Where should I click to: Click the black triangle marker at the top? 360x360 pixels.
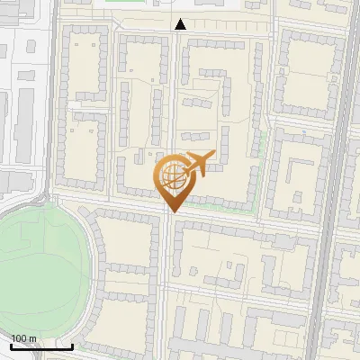tap(180, 25)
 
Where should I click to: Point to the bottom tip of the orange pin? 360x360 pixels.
tap(172, 211)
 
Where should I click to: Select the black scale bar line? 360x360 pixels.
tap(41, 346)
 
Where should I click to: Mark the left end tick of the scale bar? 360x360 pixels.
tap(11, 345)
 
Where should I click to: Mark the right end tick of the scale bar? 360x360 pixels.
tap(72, 345)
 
